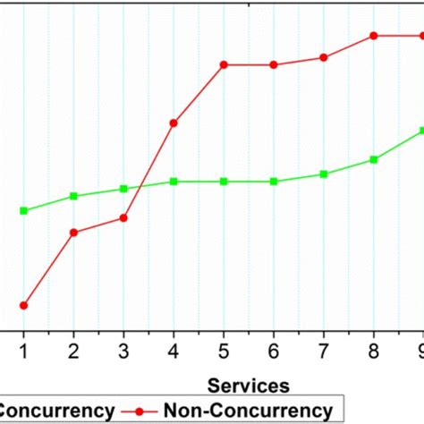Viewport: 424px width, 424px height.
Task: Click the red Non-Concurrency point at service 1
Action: [x=24, y=305]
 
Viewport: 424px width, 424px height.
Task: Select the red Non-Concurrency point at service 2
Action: [x=74, y=233]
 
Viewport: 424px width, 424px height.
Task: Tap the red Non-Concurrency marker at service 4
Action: [x=174, y=123]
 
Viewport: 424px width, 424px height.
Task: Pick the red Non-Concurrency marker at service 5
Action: [x=224, y=64]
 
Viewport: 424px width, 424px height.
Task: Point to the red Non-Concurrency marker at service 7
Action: [x=324, y=57]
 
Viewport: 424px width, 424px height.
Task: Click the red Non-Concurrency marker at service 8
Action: [x=374, y=36]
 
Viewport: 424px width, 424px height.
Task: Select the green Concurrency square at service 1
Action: [x=24, y=210]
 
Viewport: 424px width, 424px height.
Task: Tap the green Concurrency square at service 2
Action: [x=74, y=196]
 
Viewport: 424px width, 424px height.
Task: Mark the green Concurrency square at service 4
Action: [x=174, y=182]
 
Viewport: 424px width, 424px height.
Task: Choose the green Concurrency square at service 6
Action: [x=274, y=182]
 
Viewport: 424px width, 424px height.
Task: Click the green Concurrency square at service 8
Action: [x=374, y=159]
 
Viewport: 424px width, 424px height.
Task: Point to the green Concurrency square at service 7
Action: [x=324, y=174]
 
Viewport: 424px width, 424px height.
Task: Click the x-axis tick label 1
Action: [x=24, y=351]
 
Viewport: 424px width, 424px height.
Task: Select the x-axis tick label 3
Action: [x=124, y=351]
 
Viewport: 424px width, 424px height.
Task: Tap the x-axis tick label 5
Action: [x=224, y=351]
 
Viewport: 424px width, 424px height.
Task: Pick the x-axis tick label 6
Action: [x=274, y=351]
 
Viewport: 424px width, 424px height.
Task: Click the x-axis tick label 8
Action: [x=374, y=351]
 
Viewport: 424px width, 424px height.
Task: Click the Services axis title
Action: [x=249, y=386]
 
